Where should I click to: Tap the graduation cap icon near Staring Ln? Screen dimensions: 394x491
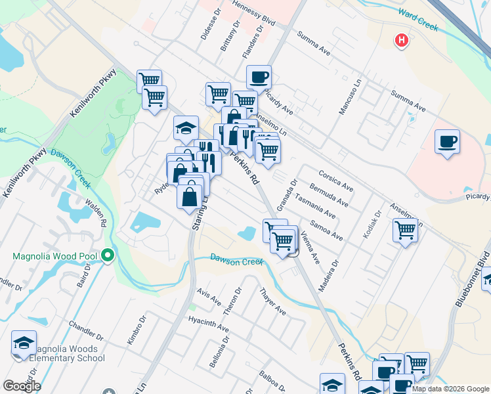coord(186,127)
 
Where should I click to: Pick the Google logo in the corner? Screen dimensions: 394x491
coord(21,386)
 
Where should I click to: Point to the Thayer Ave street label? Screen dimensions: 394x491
coord(273,301)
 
